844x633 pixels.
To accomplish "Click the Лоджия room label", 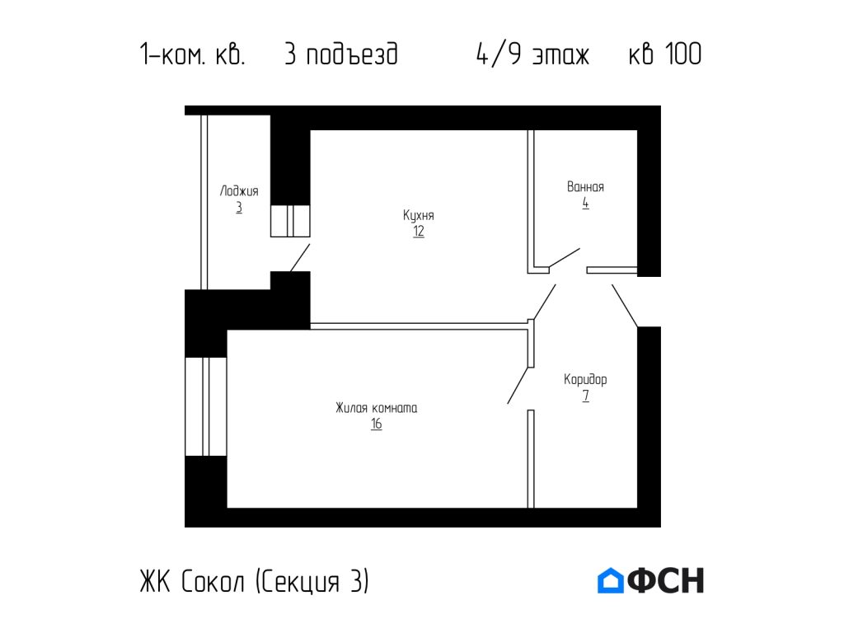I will [239, 191].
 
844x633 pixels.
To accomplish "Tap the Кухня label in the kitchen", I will [419, 216].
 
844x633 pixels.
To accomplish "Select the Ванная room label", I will [585, 187].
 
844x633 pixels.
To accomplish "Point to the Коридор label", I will [585, 380].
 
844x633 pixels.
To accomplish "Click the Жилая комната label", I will [376, 408].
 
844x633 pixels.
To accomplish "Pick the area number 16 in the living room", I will [376, 424].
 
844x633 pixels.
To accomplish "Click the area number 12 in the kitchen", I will [419, 232].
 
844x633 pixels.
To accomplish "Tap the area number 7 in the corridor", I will [585, 396].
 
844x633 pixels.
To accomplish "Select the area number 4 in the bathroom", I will [585, 203].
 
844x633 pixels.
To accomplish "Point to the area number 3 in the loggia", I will [239, 207].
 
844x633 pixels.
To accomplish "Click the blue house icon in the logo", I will [610, 581].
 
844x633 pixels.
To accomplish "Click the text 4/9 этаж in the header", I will [532, 55].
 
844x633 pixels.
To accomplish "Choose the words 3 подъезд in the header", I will [340, 55].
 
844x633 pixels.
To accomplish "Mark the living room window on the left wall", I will [205, 406].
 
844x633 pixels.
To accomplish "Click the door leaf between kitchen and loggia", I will [299, 258].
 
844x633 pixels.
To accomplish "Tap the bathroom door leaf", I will [564, 257].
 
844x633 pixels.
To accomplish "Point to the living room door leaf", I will [520, 383].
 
